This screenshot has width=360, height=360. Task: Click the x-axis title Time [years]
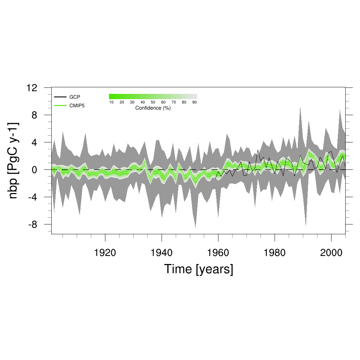tap(199, 269)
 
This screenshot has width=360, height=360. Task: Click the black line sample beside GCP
tap(60, 97)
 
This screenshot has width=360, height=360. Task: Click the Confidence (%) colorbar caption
tap(153, 108)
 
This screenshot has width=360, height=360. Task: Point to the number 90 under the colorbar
tap(194, 102)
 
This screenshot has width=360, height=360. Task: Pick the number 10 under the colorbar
tap(111, 102)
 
